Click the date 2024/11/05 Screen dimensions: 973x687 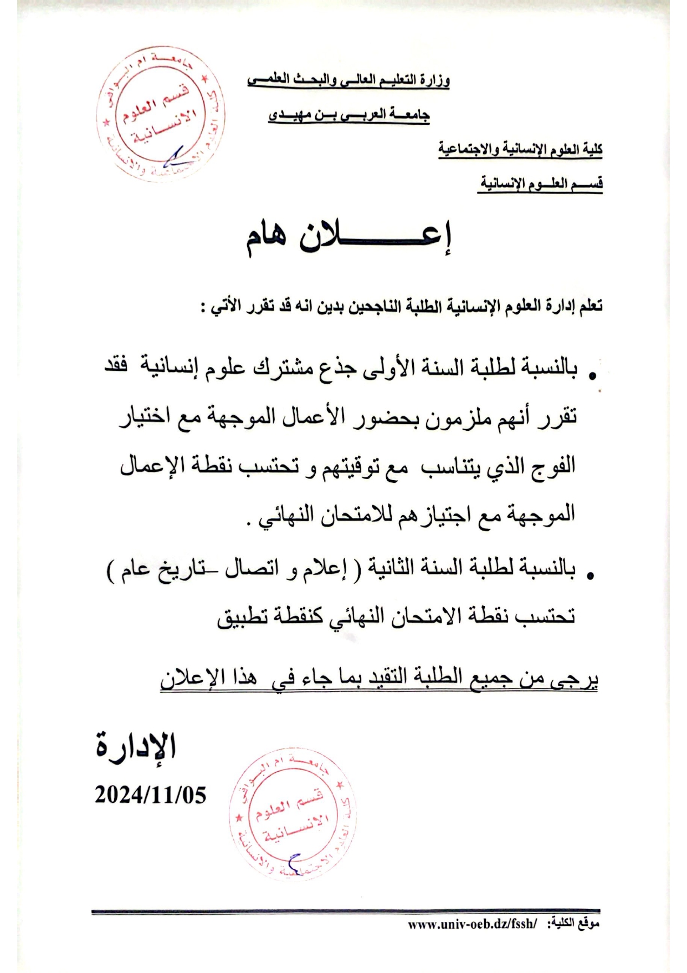(150, 795)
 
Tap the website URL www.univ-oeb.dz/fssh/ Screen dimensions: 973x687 (472, 924)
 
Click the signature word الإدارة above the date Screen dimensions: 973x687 (136, 746)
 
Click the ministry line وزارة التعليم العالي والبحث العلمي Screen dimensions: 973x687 (348, 80)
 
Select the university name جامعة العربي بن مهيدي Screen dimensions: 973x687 (349, 115)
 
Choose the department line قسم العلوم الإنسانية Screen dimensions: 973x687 (540, 184)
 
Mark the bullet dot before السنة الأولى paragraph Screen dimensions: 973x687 (592, 376)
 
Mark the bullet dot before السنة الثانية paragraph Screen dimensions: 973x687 (591, 577)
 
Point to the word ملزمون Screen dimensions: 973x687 (454, 416)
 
